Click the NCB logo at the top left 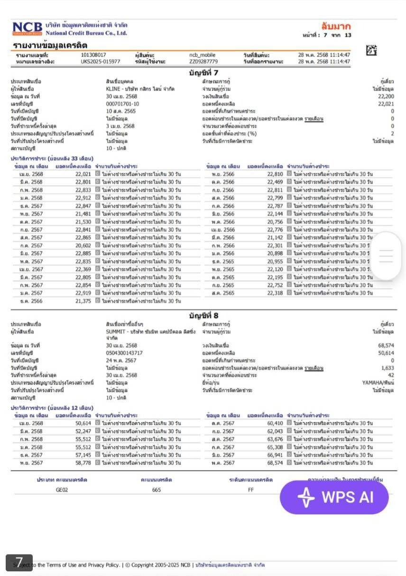coord(27,28)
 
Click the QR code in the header coord(372,50)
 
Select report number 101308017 coord(93,55)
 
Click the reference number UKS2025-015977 coord(100,62)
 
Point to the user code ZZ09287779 coord(203,62)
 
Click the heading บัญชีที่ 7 coord(203,73)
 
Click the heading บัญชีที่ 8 coord(203,315)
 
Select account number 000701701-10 coord(122,104)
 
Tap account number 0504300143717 coord(124,353)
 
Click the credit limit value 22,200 coord(386,96)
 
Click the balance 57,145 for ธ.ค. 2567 coord(83,455)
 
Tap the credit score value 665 coord(157,490)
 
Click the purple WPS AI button coord(334,497)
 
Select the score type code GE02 coord(62,490)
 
